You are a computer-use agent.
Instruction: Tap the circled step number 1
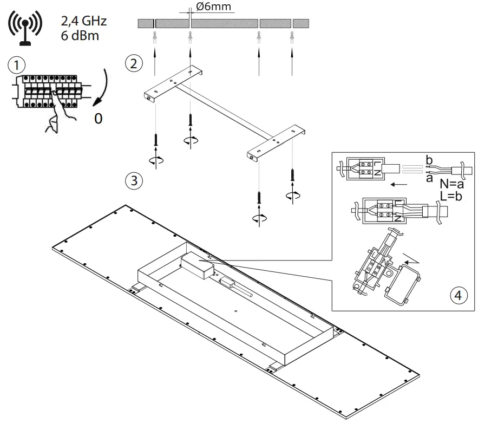(x=17, y=65)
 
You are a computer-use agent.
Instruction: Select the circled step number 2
(x=133, y=62)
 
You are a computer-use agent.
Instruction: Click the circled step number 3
(x=133, y=180)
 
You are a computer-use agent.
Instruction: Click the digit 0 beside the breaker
(x=98, y=118)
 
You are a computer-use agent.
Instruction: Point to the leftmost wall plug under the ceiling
(x=155, y=37)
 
